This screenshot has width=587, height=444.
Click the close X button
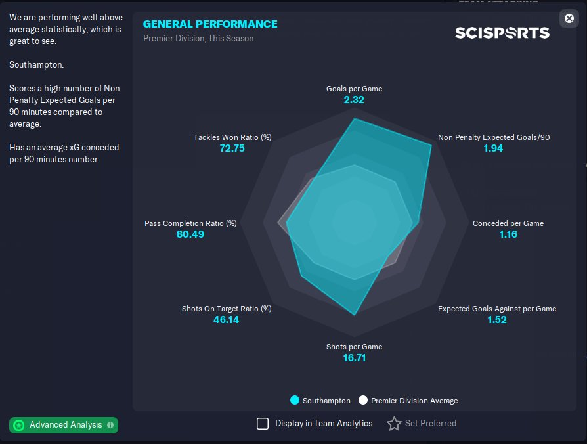[x=569, y=18]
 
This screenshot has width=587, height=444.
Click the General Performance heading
[x=210, y=24]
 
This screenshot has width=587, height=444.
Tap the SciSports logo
[x=502, y=32]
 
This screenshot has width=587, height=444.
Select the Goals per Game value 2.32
[x=354, y=100]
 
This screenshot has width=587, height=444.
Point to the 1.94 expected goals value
[x=493, y=148]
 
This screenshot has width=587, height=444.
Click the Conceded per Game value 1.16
[x=508, y=234]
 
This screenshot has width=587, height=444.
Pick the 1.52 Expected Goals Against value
[x=497, y=320]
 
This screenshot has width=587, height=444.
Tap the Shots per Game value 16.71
[x=354, y=358]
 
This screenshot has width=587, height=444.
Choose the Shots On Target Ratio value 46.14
[x=227, y=320]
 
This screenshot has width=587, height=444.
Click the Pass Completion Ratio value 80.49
[x=190, y=234]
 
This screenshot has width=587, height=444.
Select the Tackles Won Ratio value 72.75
[x=232, y=148]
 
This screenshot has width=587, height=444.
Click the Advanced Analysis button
[x=64, y=425]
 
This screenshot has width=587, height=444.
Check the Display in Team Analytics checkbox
[x=263, y=424]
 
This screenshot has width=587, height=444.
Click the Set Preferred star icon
[x=394, y=424]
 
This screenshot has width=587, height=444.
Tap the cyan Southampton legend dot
[x=295, y=401]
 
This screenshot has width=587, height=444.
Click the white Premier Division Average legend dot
[x=362, y=401]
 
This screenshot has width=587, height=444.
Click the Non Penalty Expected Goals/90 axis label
[x=494, y=137]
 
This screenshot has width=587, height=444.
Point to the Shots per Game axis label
[x=354, y=347]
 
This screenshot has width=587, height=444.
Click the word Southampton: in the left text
[x=36, y=65]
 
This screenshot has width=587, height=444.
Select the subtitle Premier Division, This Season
[x=198, y=38]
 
